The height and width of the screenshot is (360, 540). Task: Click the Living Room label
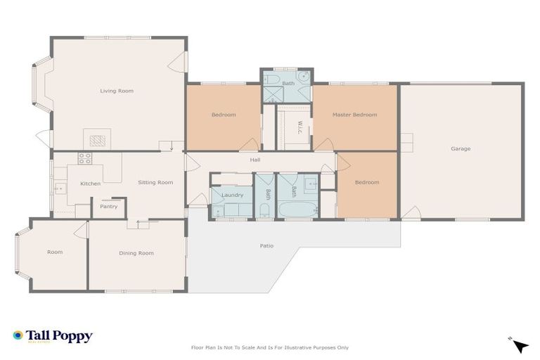(117, 91)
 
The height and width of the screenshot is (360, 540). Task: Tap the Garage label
(461, 148)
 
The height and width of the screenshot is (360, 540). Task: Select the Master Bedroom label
(354, 115)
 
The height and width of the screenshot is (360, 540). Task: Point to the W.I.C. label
(300, 127)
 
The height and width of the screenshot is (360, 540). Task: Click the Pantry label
(109, 207)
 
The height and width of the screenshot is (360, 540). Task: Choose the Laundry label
(232, 195)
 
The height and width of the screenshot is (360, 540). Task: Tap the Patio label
(266, 245)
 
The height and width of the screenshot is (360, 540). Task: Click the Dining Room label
(136, 253)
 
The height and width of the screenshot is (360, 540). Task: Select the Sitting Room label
(155, 182)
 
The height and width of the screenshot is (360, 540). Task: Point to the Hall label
(255, 160)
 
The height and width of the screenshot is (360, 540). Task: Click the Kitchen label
(90, 184)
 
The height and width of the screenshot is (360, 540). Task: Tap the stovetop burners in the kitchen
(85, 158)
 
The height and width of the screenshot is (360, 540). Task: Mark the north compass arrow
(520, 345)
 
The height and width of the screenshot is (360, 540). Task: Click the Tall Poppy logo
(53, 336)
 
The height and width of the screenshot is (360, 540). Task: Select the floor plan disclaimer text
(270, 347)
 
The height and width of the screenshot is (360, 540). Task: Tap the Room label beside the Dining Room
(55, 252)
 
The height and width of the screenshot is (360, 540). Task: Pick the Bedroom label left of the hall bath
(224, 115)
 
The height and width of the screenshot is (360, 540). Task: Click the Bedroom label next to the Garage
(366, 182)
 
